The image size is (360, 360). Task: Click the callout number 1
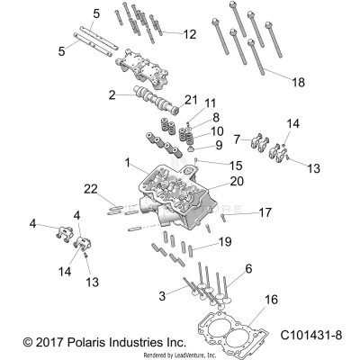click(x=129, y=164)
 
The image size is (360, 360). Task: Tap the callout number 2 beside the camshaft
click(x=112, y=94)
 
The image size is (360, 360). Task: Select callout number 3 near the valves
click(x=161, y=296)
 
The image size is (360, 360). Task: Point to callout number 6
click(x=248, y=268)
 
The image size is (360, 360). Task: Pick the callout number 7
click(x=237, y=139)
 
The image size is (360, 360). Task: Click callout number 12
click(x=189, y=34)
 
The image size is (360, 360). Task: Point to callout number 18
click(x=299, y=81)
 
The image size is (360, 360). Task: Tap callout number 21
click(x=190, y=98)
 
